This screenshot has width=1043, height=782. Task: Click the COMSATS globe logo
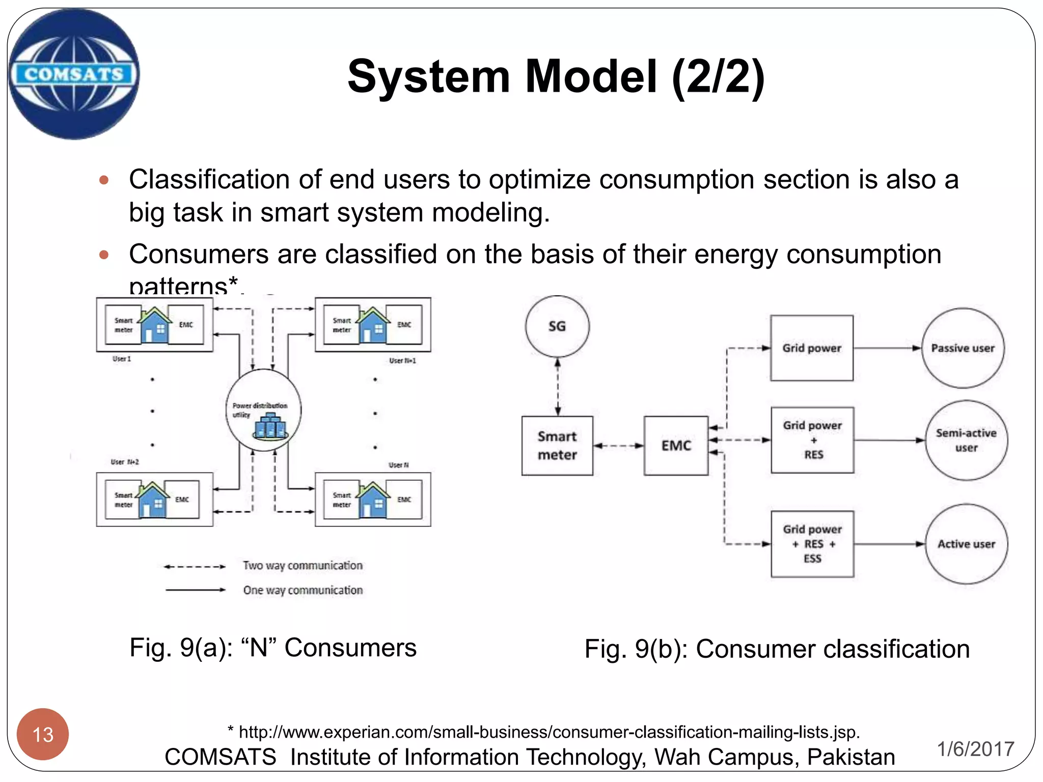(74, 74)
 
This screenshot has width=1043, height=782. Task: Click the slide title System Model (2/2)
(556, 76)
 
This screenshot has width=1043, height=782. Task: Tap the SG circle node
(557, 326)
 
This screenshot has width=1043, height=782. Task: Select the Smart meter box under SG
(557, 445)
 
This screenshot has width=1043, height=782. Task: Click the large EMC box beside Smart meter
(676, 445)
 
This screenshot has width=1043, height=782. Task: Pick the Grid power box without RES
(812, 348)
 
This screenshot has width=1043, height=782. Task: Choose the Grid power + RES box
(812, 440)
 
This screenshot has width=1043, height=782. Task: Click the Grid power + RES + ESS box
(812, 544)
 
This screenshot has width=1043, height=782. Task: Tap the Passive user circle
(963, 348)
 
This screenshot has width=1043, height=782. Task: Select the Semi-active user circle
(966, 440)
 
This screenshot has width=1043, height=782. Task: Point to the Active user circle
(966, 544)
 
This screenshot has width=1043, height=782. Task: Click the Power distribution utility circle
(263, 410)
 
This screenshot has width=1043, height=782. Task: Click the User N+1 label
(402, 360)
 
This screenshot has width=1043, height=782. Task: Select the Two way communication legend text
(303, 566)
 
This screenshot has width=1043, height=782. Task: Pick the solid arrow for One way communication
(195, 590)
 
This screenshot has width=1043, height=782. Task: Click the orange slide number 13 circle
(43, 734)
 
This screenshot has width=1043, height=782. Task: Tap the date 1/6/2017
(975, 749)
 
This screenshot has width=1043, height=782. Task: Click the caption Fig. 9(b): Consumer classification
(777, 649)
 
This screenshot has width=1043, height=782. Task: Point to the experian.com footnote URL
(544, 732)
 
